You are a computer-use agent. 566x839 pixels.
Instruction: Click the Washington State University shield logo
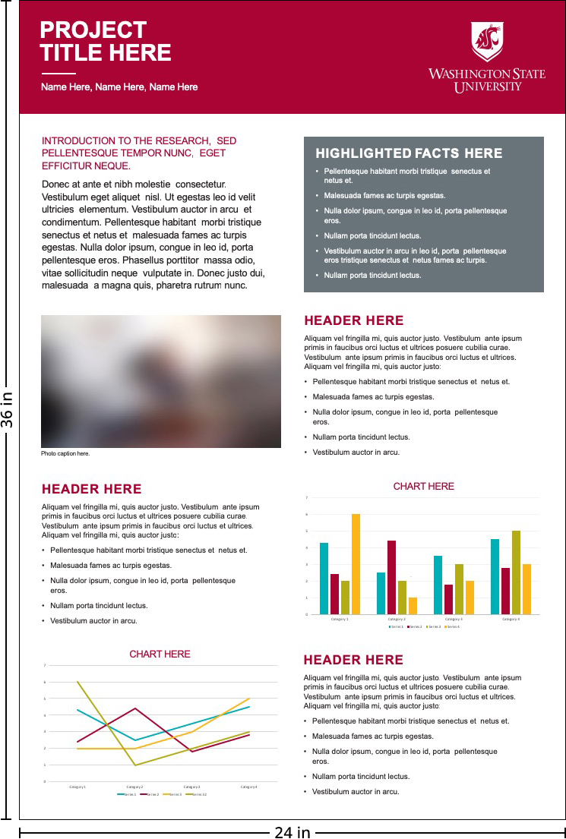(x=487, y=41)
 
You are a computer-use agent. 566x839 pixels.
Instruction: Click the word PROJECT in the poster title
(x=93, y=30)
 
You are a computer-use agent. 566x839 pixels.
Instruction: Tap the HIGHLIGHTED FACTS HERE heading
(x=409, y=153)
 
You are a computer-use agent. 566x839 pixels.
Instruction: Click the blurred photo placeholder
(x=161, y=381)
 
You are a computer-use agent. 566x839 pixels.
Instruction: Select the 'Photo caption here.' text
(x=65, y=453)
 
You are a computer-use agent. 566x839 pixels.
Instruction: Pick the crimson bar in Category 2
(x=391, y=577)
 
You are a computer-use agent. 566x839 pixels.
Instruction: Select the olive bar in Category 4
(x=516, y=572)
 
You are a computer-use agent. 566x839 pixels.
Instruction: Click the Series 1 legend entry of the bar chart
(x=396, y=626)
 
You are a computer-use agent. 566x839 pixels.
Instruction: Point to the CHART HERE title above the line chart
(x=160, y=654)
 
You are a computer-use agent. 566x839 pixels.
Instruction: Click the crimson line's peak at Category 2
(x=135, y=708)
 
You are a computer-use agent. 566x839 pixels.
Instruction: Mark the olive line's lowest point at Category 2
(x=135, y=765)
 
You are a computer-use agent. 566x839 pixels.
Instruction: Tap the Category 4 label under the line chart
(x=249, y=787)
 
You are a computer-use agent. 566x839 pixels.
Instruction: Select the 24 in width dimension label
(x=292, y=832)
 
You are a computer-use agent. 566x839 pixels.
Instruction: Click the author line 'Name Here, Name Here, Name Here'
(x=119, y=87)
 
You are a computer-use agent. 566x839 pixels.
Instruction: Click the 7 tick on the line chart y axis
(x=46, y=666)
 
